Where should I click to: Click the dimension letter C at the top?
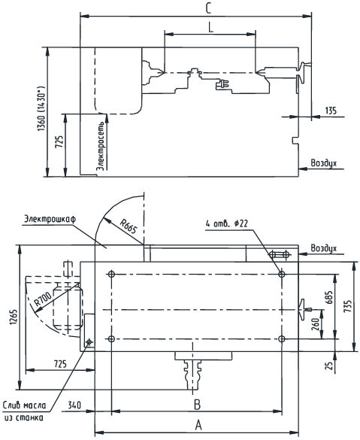click(207, 8)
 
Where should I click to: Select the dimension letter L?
click(211, 27)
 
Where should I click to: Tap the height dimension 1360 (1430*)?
click(41, 108)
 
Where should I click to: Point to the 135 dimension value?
click(331, 111)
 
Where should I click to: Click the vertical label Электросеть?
click(101, 146)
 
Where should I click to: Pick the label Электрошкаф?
click(50, 219)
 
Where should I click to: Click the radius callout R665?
click(129, 226)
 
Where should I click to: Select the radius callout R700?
click(42, 299)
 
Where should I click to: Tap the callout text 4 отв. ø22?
click(227, 223)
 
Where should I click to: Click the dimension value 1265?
click(14, 317)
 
